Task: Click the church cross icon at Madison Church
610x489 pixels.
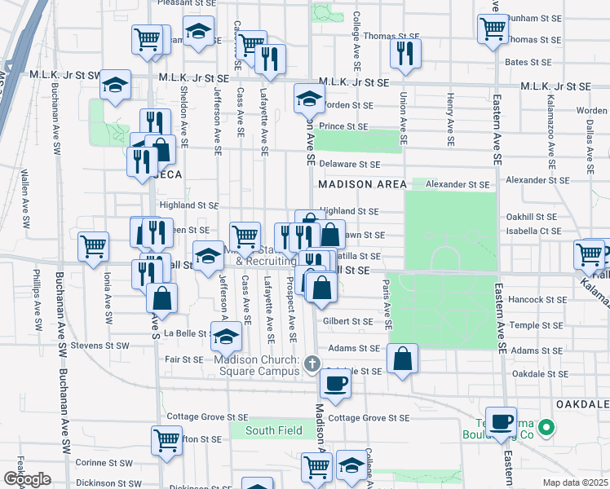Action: coord(311,363)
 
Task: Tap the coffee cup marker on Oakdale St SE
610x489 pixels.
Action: coord(335,381)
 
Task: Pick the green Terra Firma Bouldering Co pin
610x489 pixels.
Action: coord(549,426)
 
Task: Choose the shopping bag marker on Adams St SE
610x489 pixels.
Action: coord(403,358)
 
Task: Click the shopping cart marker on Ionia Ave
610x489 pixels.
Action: coord(94,245)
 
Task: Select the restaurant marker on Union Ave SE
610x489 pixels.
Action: coord(403,53)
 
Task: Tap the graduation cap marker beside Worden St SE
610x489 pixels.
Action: coord(309,99)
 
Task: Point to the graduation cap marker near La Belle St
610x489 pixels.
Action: coord(226,336)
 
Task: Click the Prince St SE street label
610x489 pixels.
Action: coord(343,126)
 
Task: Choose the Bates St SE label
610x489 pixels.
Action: coord(528,62)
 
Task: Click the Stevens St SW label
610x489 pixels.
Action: coord(101,346)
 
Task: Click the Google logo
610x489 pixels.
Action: coord(27,479)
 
